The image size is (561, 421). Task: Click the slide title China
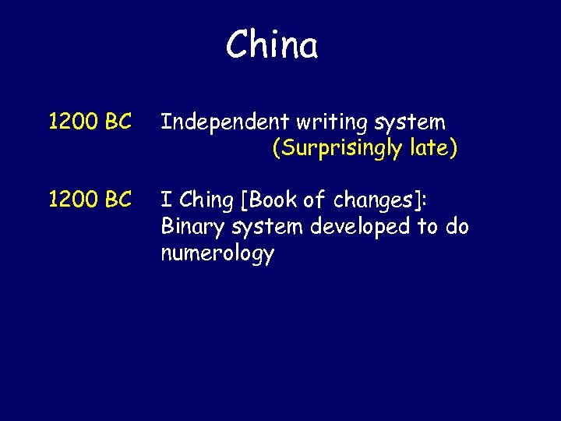tap(272, 45)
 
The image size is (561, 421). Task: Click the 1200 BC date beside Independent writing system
tap(90, 122)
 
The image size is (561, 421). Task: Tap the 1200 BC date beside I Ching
tap(90, 200)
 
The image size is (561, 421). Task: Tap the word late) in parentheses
tap(432, 148)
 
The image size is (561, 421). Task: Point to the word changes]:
tap(380, 201)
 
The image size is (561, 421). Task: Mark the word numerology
tap(217, 253)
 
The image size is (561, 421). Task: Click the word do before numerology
tap(457, 227)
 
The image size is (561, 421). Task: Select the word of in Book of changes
tap(315, 201)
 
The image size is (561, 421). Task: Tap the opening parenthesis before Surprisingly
tap(275, 149)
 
